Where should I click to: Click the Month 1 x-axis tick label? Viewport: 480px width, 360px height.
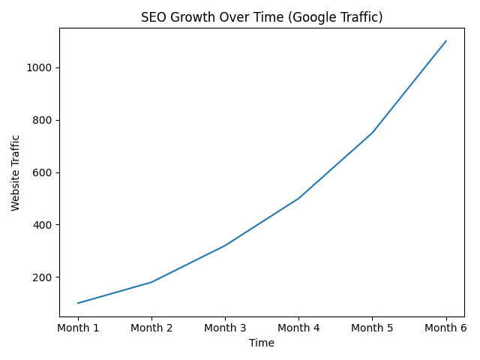tap(78, 328)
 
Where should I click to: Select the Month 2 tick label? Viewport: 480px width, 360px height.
tap(151, 328)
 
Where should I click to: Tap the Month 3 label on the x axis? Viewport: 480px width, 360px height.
tap(225, 328)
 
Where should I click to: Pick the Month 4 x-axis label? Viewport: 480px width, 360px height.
tap(298, 328)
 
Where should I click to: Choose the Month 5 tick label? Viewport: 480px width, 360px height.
tap(372, 328)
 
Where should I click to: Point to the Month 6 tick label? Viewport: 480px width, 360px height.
tap(445, 328)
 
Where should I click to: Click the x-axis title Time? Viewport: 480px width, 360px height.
tap(262, 343)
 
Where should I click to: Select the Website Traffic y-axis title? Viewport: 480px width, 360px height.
tap(16, 172)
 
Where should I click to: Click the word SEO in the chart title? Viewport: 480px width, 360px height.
tap(153, 17)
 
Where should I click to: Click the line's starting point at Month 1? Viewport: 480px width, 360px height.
tap(78, 303)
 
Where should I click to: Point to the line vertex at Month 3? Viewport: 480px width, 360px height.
tap(225, 245)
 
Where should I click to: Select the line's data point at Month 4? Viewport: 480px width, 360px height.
tap(298, 198)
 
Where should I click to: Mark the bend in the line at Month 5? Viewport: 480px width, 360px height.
tap(372, 133)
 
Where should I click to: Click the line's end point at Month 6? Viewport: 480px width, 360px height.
tap(446, 41)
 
